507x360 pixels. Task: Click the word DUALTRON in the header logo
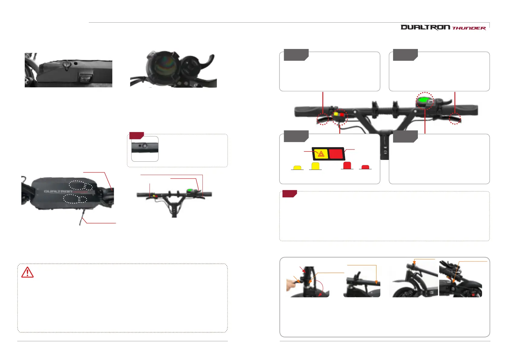(x=425, y=28)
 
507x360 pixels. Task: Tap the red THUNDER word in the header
(x=469, y=28)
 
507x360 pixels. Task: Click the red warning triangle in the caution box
(x=27, y=272)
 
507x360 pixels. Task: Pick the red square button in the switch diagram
(x=336, y=154)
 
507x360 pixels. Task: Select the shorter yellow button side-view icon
(x=297, y=167)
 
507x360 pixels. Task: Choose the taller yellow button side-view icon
(x=315, y=166)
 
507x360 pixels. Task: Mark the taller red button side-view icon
(x=347, y=165)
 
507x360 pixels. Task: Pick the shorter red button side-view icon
(x=365, y=167)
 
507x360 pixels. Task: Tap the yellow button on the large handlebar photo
(x=336, y=115)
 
